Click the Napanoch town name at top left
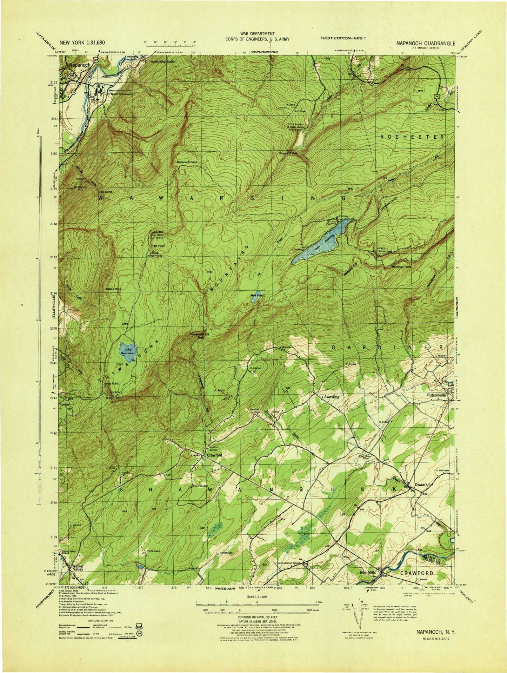pyautogui.click(x=80, y=65)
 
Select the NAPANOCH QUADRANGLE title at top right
pyautogui.click(x=426, y=44)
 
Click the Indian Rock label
pyautogui.click(x=114, y=289)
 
